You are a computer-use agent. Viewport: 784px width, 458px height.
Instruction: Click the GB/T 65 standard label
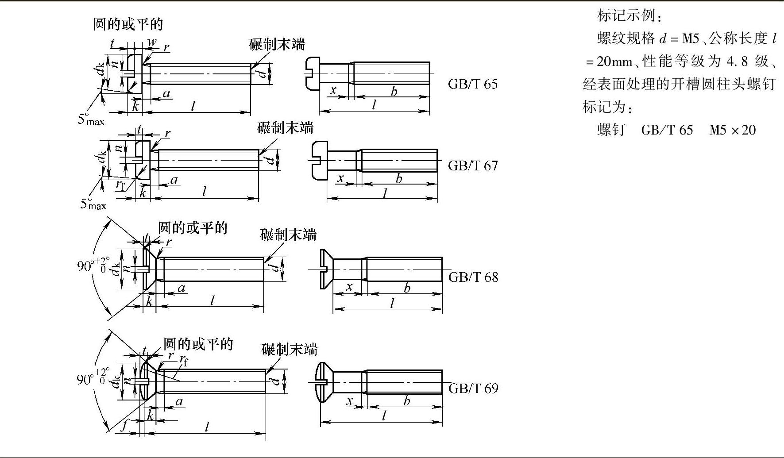click(x=472, y=84)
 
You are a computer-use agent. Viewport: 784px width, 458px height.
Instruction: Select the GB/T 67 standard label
click(x=472, y=165)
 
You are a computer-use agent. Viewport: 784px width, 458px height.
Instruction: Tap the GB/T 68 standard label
click(x=473, y=277)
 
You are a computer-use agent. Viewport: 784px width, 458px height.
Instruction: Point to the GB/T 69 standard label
click(x=473, y=389)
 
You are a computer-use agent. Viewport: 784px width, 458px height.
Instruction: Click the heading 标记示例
click(x=629, y=15)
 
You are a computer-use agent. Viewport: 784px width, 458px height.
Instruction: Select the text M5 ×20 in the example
click(x=732, y=130)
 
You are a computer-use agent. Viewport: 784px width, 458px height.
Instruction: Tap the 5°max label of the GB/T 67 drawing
click(x=93, y=204)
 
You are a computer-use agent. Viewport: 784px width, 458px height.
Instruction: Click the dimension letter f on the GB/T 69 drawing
click(x=125, y=426)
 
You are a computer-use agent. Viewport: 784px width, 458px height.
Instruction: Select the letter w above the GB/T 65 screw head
click(x=152, y=42)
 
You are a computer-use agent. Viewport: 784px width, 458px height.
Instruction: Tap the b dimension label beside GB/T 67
click(x=399, y=178)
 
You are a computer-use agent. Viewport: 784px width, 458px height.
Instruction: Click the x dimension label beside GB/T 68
click(x=349, y=287)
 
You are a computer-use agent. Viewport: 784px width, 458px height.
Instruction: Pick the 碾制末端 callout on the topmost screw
click(x=277, y=44)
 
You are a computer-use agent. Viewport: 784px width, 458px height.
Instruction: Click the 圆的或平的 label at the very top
click(x=128, y=24)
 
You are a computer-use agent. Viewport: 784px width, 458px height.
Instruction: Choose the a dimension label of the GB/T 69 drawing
click(x=179, y=402)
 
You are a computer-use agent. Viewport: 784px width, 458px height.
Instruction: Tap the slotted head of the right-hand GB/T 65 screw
click(x=313, y=73)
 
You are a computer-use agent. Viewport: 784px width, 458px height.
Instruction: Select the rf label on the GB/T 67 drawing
click(x=120, y=185)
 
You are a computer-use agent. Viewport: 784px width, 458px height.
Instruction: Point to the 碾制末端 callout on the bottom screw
click(x=290, y=349)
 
